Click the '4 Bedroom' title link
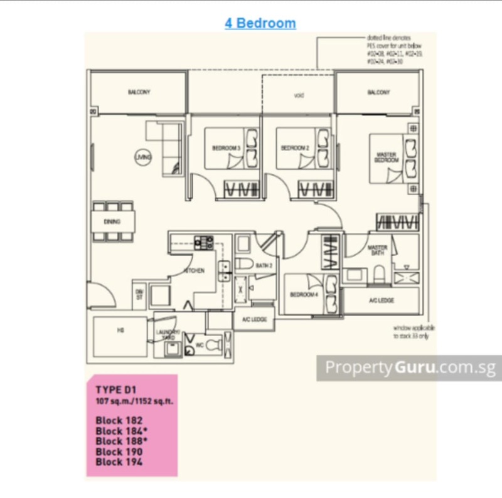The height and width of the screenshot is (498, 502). [260, 24]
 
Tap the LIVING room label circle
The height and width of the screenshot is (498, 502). [142, 158]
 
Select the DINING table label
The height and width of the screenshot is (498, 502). [113, 221]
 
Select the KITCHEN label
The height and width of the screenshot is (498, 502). [194, 270]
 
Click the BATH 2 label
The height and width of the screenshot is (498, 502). [264, 266]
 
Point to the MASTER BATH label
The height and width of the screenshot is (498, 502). [377, 250]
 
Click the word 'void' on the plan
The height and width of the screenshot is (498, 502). [299, 95]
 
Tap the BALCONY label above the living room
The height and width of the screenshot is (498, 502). [139, 92]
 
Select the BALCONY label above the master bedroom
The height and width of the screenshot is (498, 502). [378, 92]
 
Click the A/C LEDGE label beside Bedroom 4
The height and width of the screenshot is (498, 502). [382, 300]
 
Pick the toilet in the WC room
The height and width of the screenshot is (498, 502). [213, 344]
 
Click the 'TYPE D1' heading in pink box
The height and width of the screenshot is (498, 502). [116, 389]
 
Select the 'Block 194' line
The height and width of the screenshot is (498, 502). [119, 462]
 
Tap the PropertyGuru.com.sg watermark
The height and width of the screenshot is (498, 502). [409, 368]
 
